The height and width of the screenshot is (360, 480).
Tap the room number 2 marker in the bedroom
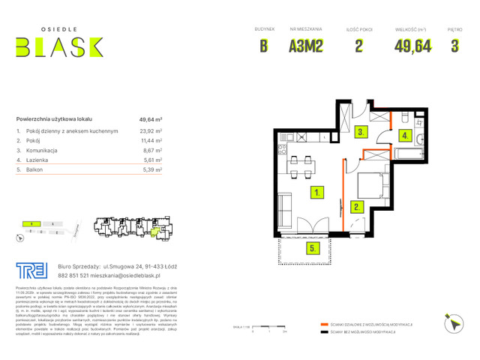(x=358, y=206)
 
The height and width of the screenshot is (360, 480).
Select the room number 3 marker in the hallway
(x=361, y=132)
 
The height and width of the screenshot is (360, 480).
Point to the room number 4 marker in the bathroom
(x=404, y=136)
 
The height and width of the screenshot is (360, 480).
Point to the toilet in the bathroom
(x=403, y=120)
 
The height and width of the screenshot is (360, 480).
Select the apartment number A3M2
(x=306, y=46)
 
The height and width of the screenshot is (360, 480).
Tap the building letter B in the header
(x=264, y=46)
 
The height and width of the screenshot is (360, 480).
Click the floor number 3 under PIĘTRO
(x=454, y=46)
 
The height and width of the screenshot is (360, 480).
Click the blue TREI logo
(x=31, y=270)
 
